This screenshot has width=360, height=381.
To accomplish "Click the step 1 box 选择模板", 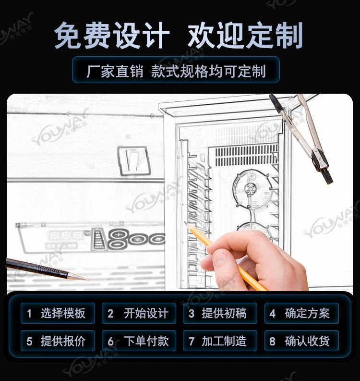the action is [58, 313].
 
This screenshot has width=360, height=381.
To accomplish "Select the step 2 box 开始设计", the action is [139, 313].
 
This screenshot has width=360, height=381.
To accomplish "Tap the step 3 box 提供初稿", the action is [220, 313].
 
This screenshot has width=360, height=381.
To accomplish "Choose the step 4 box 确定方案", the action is [301, 313].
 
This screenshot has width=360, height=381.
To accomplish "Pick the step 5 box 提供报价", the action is [58, 341].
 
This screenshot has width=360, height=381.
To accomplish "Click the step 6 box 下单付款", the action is [139, 341].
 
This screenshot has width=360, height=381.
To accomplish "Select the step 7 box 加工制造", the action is [220, 341].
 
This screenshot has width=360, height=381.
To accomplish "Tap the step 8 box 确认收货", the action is [301, 341].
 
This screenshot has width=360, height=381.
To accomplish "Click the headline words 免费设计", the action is [112, 35].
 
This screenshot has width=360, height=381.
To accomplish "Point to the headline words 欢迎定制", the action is [245, 35].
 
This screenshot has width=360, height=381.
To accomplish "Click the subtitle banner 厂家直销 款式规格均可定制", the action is [176, 70].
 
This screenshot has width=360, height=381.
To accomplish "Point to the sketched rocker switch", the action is [133, 160].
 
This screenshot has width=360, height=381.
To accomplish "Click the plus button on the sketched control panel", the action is [119, 235].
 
